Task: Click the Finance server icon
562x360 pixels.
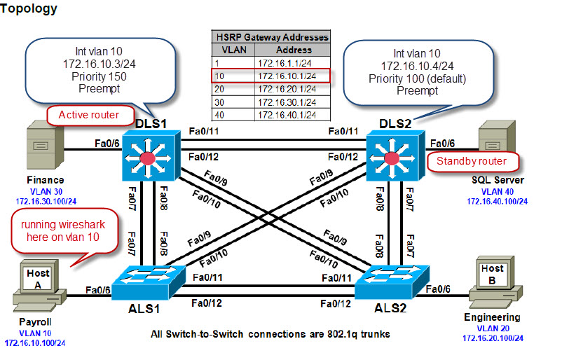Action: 41,148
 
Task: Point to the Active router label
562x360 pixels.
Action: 88,114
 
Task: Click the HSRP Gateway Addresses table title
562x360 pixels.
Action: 271,37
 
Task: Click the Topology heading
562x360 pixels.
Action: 29,9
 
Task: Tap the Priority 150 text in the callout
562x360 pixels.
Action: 98,76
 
